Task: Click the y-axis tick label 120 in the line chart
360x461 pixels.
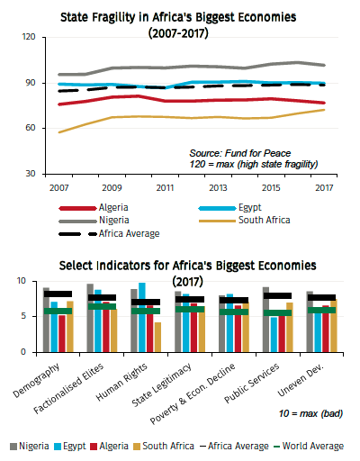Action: (x=27, y=37)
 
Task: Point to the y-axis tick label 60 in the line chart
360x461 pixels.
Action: (x=30, y=128)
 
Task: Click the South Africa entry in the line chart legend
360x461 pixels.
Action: (x=266, y=219)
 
